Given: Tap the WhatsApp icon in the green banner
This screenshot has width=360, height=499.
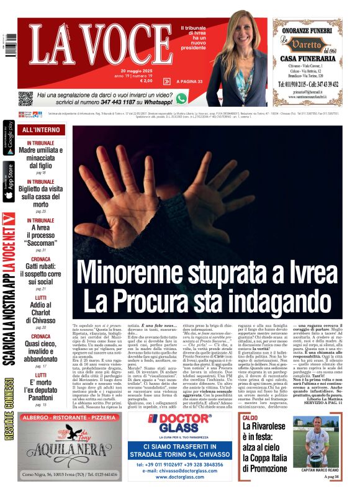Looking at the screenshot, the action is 181,98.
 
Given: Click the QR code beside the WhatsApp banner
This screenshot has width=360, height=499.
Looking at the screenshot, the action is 25,98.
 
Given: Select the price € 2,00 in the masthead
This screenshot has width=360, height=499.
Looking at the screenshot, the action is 146,81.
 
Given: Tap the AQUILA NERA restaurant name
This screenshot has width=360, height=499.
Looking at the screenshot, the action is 67,456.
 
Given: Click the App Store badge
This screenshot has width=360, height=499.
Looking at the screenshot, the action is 9,182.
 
